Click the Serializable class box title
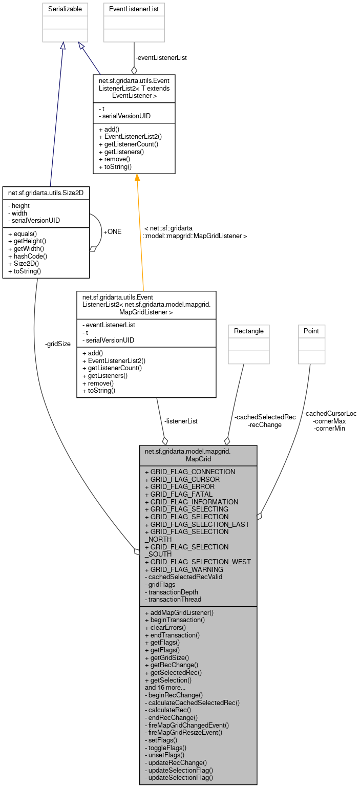click(x=65, y=9)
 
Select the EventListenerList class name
click(x=134, y=9)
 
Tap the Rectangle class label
click(x=248, y=331)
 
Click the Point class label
click(x=311, y=331)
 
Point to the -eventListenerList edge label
click(x=161, y=58)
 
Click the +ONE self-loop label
click(x=112, y=231)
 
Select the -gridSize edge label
click(x=58, y=344)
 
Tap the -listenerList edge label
click(x=180, y=421)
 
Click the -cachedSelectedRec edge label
click(x=265, y=417)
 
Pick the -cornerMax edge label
click(x=329, y=421)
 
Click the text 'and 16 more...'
click(x=165, y=688)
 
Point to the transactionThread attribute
click(x=174, y=599)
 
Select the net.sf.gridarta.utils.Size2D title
click(x=46, y=192)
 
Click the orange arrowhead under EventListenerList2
click(x=137, y=177)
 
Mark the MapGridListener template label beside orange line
click(x=195, y=232)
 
